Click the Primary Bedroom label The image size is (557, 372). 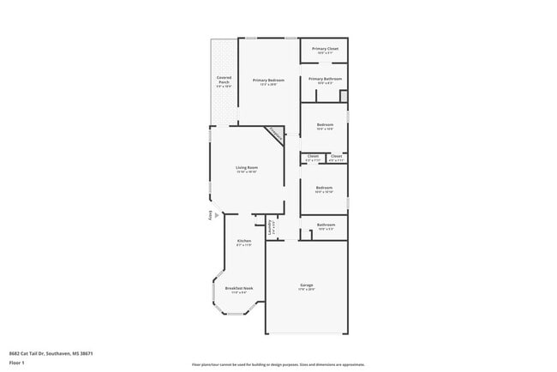click(268, 80)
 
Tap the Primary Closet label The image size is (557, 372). click(325, 49)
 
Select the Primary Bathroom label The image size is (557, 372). click(325, 79)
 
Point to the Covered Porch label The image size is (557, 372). click(224, 80)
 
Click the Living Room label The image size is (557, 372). click(247, 167)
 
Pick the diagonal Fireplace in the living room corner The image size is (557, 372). click(275, 133)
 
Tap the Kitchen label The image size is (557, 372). click(243, 241)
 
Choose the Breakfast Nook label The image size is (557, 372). click(239, 288)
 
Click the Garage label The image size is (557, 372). click(306, 285)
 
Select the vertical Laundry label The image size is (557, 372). click(271, 227)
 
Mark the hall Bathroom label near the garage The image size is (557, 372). click(325, 225)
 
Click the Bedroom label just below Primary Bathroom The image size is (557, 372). click(325, 125)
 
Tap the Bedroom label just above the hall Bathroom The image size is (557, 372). click(324, 188)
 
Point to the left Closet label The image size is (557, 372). click(313, 156)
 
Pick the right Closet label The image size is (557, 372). click(336, 156)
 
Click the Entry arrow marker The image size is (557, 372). click(208, 215)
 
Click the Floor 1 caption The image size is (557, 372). click(17, 363)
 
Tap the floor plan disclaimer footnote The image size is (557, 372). click(278, 363)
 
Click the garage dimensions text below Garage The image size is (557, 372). click(306, 290)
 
